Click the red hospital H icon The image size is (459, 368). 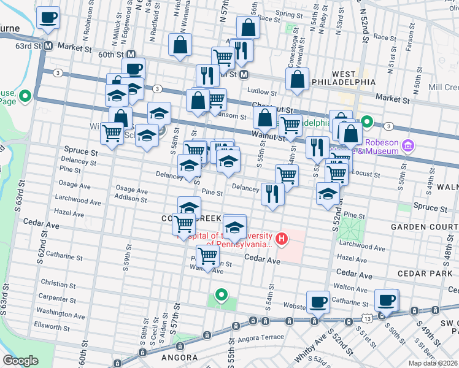pyautogui.click(x=282, y=238)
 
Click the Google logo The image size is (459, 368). pyautogui.click(x=20, y=360)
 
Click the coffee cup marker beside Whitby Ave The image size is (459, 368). pyautogui.click(x=318, y=302)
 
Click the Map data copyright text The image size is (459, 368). pyautogui.click(x=433, y=362)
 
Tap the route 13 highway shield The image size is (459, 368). pyautogui.click(x=366, y=319)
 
